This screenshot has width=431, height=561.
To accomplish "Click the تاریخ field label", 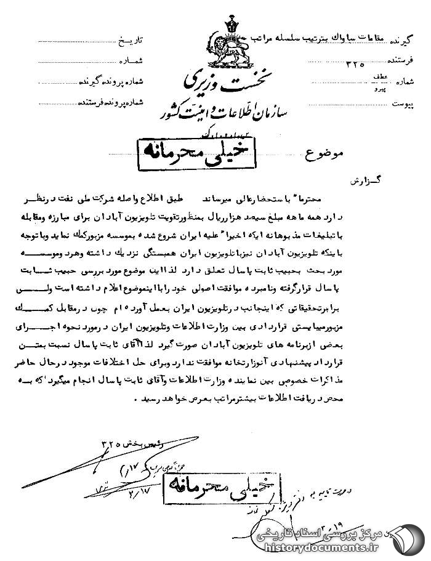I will coord(130,41).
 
